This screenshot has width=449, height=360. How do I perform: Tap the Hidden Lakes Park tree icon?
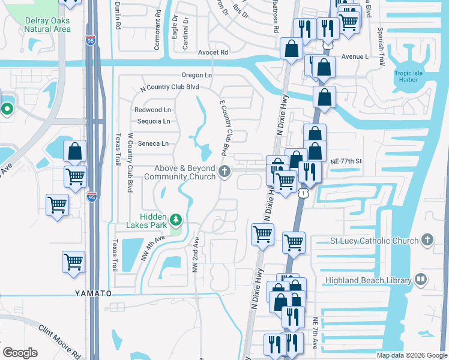pos(175,220)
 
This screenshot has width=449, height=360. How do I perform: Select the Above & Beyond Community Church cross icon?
pos(224,172)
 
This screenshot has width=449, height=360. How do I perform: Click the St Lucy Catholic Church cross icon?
pos(427,241)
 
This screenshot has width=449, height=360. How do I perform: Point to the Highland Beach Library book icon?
pos(421,280)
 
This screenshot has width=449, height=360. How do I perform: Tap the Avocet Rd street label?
pos(213,52)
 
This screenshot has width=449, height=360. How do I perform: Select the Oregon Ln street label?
pos(197,75)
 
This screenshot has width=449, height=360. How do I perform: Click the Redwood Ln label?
pos(152,110)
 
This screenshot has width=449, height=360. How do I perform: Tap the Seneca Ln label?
pos(152,143)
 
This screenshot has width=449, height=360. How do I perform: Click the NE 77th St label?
pos(347,161)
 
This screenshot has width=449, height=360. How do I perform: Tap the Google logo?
pos(20,353)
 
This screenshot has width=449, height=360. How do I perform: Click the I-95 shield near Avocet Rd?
pos(90,40)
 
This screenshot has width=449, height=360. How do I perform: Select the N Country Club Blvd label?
pos(169,87)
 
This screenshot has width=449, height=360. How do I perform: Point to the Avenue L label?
pos(354,56)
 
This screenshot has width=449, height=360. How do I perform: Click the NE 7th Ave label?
pos(315,334)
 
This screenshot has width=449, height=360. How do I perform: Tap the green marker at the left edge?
pos(7,109)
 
